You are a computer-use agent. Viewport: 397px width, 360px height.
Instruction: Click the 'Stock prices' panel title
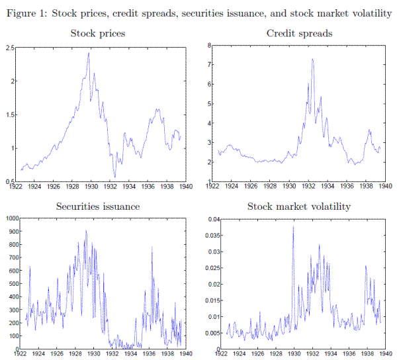[x=97, y=33]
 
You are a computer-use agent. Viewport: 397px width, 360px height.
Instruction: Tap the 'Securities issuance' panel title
[x=97, y=206]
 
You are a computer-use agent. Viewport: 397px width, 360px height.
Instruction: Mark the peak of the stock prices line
[x=89, y=53]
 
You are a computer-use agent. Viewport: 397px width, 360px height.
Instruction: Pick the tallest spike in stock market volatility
[x=293, y=227]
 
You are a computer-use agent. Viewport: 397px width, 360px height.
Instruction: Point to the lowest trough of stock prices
[x=114, y=177]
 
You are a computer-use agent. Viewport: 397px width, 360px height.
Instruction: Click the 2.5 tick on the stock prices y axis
[x=13, y=48]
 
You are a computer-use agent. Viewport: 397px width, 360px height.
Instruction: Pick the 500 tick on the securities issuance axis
[x=13, y=283]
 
